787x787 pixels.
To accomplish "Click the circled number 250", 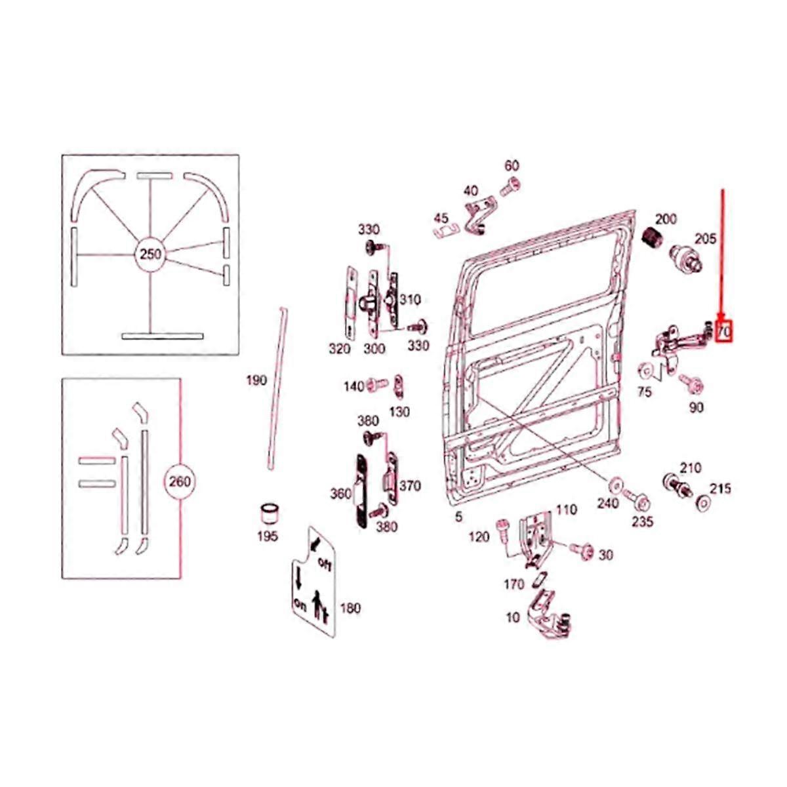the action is click(x=150, y=254).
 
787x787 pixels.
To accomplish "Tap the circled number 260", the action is click(x=180, y=482).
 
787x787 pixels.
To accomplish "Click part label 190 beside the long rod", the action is click(x=256, y=381).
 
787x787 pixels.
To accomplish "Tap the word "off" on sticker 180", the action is click(x=324, y=565).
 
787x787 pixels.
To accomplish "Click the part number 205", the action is click(x=705, y=239).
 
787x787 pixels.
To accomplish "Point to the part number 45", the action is click(x=441, y=218).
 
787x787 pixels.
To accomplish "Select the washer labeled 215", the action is click(x=702, y=502).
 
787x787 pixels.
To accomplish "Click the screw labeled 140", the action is click(x=377, y=384).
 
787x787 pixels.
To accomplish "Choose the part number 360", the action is click(x=340, y=494).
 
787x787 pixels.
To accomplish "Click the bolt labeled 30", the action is click(x=581, y=549).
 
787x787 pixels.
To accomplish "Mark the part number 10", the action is click(x=513, y=618).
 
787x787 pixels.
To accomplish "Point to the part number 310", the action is click(x=410, y=300).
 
